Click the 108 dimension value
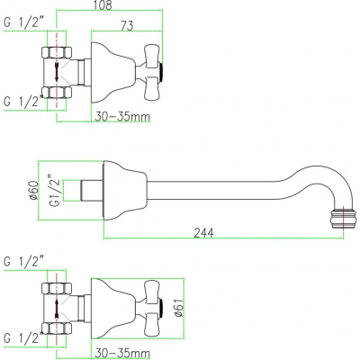click(103, 5)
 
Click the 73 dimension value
click(127, 26)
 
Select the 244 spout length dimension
click(203, 233)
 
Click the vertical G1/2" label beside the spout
click(57, 191)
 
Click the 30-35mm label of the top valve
click(122, 116)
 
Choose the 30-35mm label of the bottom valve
click(122, 353)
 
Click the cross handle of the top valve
click(151, 72)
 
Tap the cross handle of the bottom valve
click(151, 308)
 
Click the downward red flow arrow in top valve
click(57, 72)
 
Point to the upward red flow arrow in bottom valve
click(57, 309)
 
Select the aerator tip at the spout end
click(343, 219)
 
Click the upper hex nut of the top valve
click(57, 53)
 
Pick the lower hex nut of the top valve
click(57, 93)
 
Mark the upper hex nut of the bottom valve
click(57, 289)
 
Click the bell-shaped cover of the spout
click(125, 191)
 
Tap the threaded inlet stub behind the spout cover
click(91, 191)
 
